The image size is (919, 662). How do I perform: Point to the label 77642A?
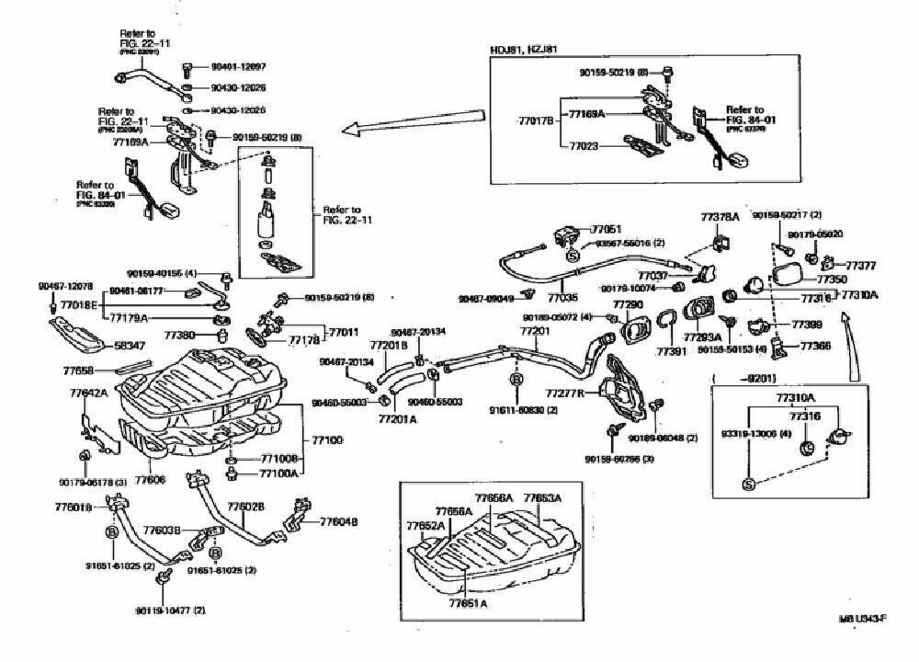click(88, 393)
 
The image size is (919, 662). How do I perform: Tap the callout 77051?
click(607, 229)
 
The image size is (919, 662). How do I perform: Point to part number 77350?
click(832, 279)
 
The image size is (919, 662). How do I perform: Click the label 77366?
click(815, 347)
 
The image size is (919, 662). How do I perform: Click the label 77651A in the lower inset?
click(469, 603)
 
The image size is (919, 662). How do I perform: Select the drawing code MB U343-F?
click(861, 618)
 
